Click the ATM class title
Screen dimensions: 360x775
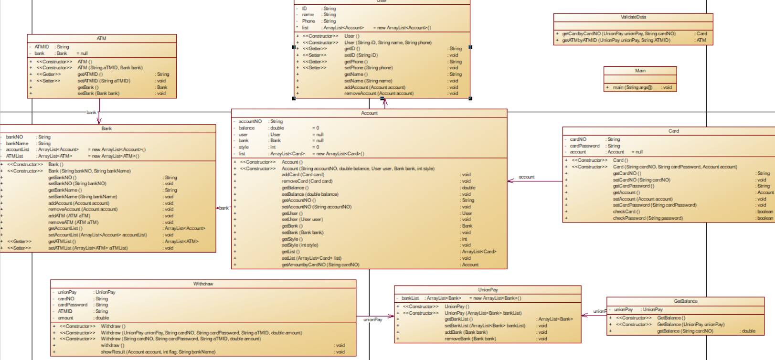click(101, 38)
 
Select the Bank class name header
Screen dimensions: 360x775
click(106, 128)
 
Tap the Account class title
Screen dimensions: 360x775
click(369, 113)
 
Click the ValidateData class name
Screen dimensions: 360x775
click(633, 17)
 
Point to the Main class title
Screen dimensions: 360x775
click(640, 71)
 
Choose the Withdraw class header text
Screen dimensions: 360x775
click(203, 284)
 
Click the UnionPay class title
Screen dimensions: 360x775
click(488, 290)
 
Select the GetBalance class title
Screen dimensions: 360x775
click(685, 301)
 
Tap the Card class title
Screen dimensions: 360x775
click(673, 131)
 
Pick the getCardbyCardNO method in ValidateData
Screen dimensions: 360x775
click(618, 34)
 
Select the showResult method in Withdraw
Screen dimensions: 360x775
click(158, 352)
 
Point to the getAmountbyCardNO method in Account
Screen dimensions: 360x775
click(320, 265)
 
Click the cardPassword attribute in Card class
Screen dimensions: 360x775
click(584, 146)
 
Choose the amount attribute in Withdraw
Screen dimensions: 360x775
click(65, 318)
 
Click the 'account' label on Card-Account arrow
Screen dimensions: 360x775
click(526, 177)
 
